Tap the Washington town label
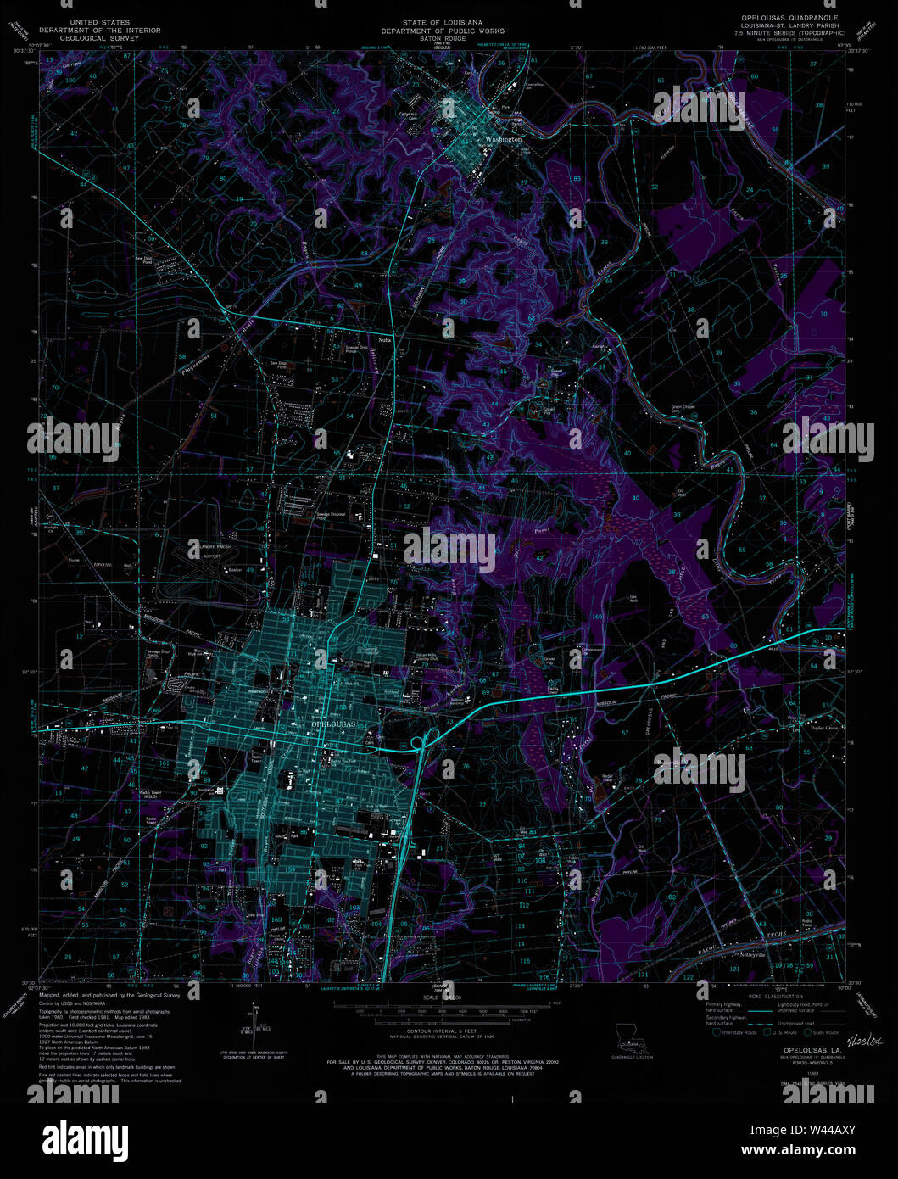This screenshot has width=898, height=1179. pos(505,138)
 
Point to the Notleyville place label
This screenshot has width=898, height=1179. pos(752,953)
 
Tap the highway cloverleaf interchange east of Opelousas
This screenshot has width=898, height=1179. pos(417,744)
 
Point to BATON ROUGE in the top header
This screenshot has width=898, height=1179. pos(443,39)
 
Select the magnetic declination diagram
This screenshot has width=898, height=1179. pos(253,1028)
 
